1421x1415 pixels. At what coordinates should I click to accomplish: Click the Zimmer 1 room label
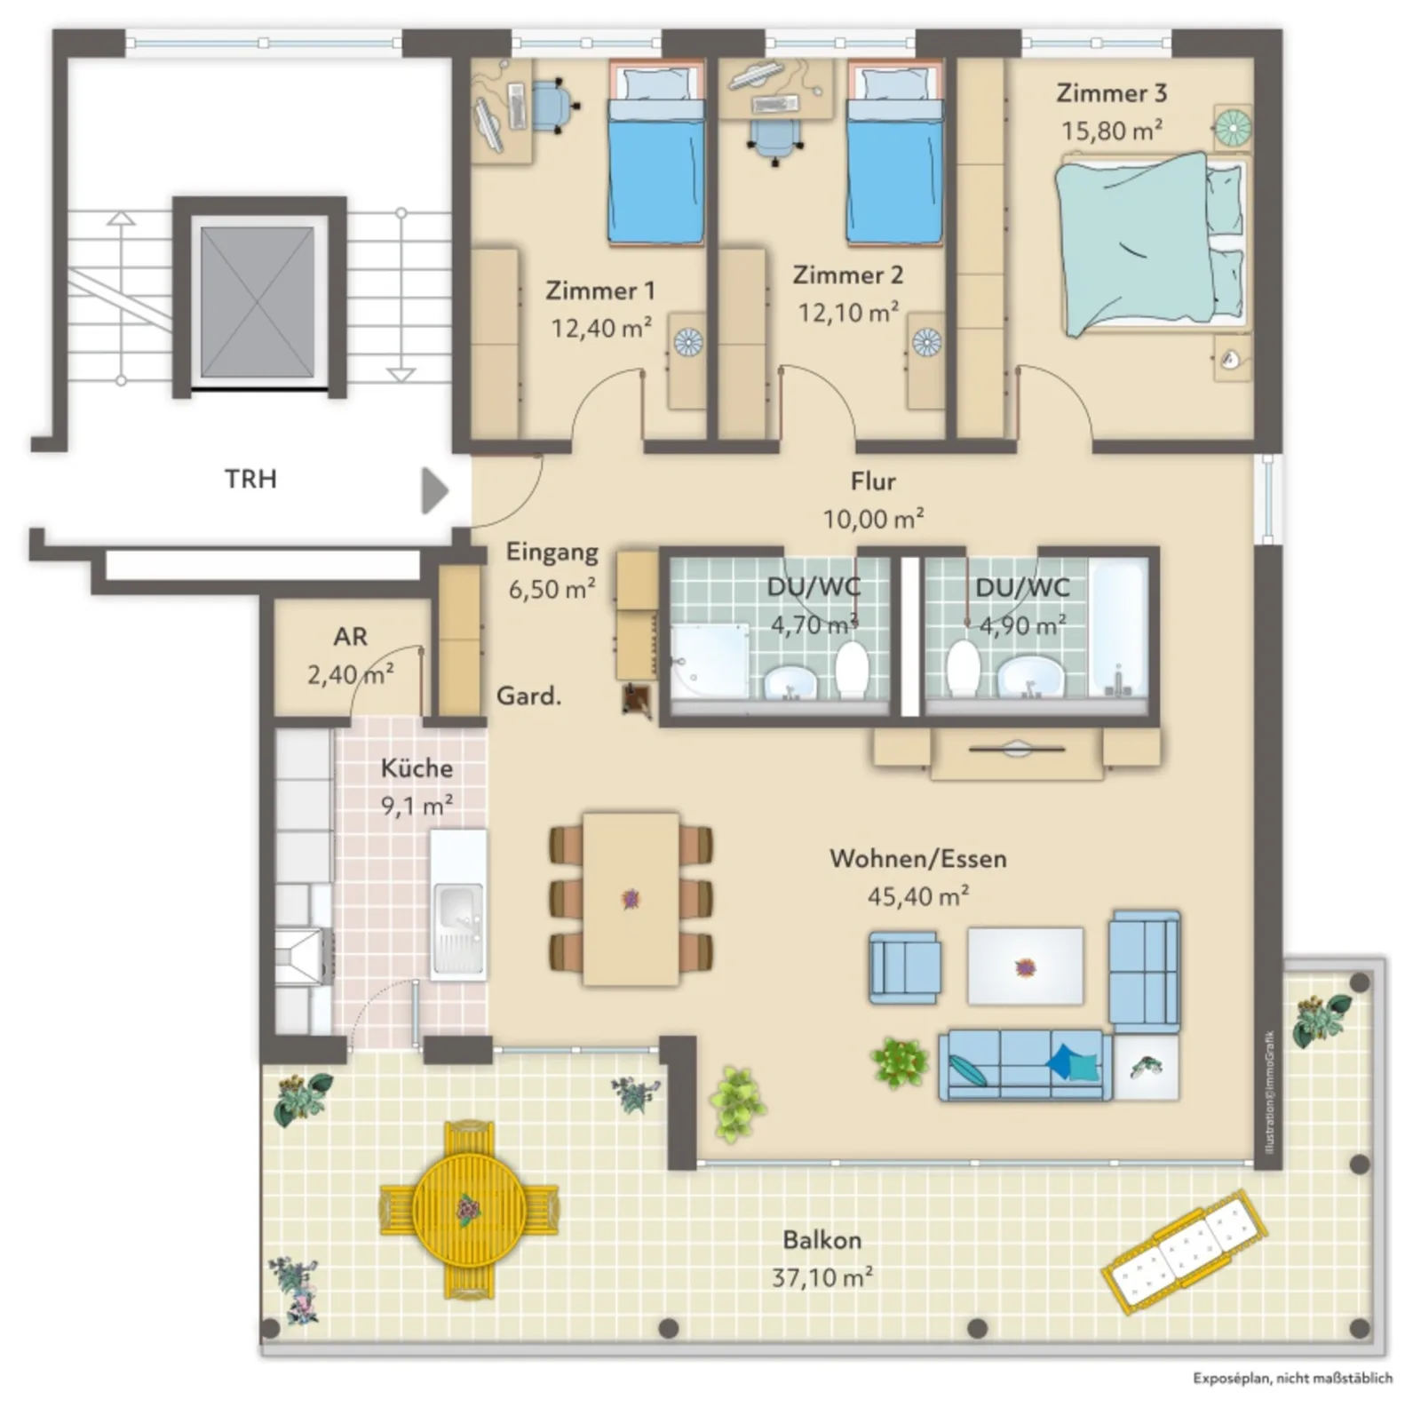point(600,290)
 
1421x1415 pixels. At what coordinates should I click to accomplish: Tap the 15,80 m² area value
point(1112,131)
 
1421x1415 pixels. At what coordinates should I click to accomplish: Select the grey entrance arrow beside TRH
point(434,491)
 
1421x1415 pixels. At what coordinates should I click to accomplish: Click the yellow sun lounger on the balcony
point(1185,1251)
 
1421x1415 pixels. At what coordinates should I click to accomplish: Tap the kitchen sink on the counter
point(458,929)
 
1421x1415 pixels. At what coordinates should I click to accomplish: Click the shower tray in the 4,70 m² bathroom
point(709,660)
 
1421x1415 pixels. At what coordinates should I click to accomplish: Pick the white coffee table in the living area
point(1025,966)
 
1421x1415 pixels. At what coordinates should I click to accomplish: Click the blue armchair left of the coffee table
point(905,967)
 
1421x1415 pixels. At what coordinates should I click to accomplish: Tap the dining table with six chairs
point(631,899)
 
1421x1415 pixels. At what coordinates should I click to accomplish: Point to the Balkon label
point(822,1240)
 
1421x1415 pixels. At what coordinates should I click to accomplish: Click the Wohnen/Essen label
point(918,859)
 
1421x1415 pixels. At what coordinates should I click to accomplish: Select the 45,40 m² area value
point(918,896)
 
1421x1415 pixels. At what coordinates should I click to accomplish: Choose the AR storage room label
point(350,637)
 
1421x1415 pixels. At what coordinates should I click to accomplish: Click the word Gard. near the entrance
point(528,696)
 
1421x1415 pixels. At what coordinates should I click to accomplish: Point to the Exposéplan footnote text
point(1292,1379)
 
